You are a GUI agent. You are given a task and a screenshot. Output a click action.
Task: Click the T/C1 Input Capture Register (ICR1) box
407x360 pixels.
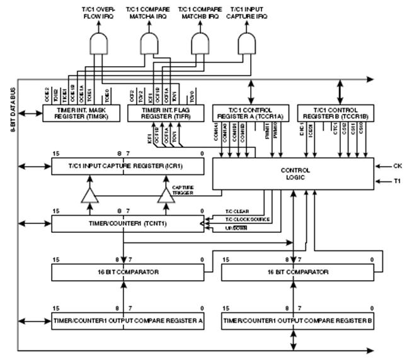coord(128,166)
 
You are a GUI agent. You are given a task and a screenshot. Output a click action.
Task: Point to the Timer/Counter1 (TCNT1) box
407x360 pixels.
coord(128,223)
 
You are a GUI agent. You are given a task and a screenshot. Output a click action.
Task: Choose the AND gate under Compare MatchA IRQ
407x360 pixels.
coord(150,43)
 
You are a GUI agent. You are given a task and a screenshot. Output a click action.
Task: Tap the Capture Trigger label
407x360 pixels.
coord(184,189)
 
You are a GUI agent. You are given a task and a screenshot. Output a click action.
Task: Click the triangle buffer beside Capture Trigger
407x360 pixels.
coord(165,197)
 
